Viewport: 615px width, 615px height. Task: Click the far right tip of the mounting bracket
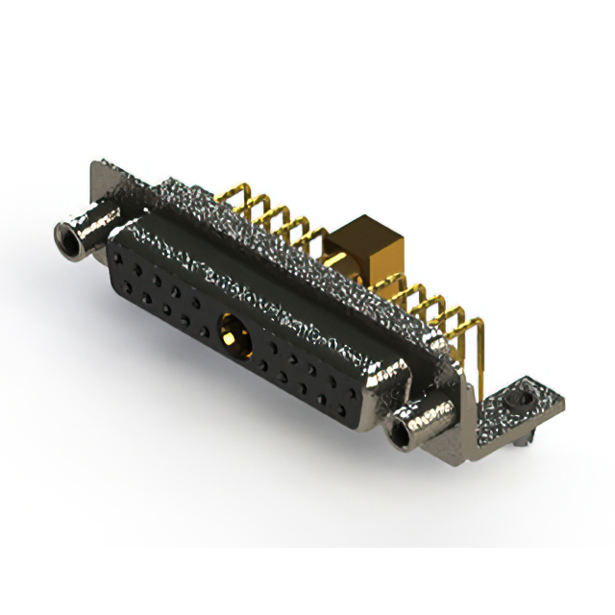pyautogui.click(x=561, y=394)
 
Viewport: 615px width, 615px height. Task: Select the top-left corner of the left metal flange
pyautogui.click(x=92, y=165)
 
